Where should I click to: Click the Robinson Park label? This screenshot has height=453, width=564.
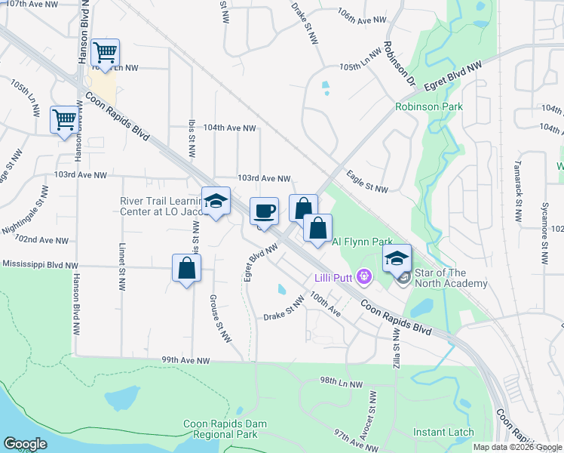[x=429, y=106]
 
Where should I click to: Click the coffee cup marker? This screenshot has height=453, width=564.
[x=263, y=211]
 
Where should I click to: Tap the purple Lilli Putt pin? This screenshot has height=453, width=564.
[x=364, y=277]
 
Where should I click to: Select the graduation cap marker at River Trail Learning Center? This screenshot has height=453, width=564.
[x=216, y=201]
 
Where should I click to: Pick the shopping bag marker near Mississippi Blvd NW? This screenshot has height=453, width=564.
[x=186, y=269]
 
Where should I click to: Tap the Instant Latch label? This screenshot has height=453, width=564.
[x=443, y=433]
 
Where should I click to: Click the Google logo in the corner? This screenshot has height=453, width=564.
[x=25, y=444]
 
